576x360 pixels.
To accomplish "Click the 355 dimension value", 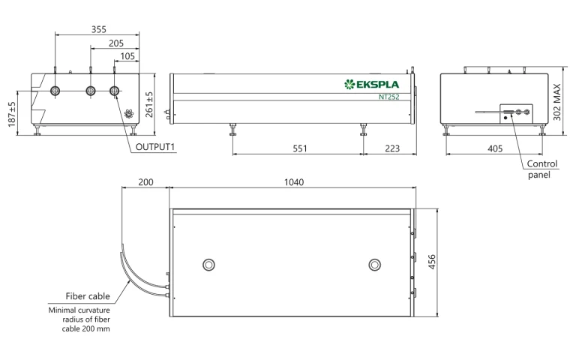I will (98, 29).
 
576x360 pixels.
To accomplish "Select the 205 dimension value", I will (115, 43).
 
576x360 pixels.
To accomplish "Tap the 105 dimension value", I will (127, 57).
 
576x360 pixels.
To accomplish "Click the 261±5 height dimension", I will (149, 104).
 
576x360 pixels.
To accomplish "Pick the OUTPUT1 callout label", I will (155, 147).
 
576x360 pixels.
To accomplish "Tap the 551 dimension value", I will (299, 149).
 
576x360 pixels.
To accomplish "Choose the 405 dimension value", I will (495, 149).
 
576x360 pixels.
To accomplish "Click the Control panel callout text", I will (541, 169).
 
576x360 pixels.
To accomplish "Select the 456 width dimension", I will (431, 263).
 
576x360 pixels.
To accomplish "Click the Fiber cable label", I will (86, 297).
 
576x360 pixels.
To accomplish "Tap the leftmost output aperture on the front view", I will (56, 91).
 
